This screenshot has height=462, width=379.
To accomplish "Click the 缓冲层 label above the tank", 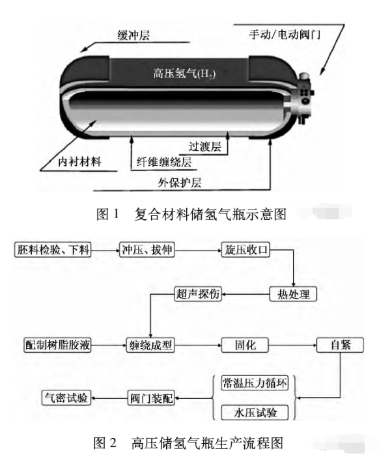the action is [133, 35].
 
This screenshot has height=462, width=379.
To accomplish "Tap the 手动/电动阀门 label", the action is [285, 34].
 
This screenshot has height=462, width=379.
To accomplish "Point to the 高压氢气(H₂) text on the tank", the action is [184, 73].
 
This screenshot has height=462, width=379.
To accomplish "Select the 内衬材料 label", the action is [79, 161].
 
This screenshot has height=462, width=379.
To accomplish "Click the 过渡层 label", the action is [205, 146].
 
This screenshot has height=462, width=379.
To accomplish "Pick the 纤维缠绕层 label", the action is [164, 162].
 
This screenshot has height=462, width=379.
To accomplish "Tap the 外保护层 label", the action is [180, 183].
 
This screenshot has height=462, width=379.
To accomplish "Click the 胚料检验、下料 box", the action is [53, 250].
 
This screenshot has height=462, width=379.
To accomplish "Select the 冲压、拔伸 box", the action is [147, 250].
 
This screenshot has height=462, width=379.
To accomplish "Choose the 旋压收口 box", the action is [246, 250].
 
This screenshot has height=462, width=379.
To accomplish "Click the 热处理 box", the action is [293, 293].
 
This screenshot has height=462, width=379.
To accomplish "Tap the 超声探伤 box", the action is [198, 293].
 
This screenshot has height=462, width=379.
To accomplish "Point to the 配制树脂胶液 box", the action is [57, 345].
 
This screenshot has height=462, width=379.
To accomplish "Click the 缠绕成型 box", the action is [150, 345].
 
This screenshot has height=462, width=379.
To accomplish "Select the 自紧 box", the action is [340, 345].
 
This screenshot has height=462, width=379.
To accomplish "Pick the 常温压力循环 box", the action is [255, 383].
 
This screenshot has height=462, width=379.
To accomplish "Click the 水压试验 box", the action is [255, 413].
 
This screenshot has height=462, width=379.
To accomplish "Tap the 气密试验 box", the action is [66, 398].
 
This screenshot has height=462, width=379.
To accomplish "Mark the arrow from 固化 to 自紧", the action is [292, 345].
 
